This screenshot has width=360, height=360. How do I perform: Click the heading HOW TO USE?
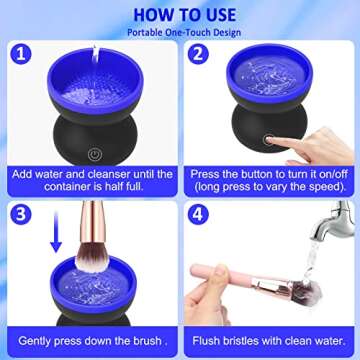[180, 14]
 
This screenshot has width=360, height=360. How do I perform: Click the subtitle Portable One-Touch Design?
[180, 33]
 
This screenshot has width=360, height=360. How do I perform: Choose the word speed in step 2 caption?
[319, 186]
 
